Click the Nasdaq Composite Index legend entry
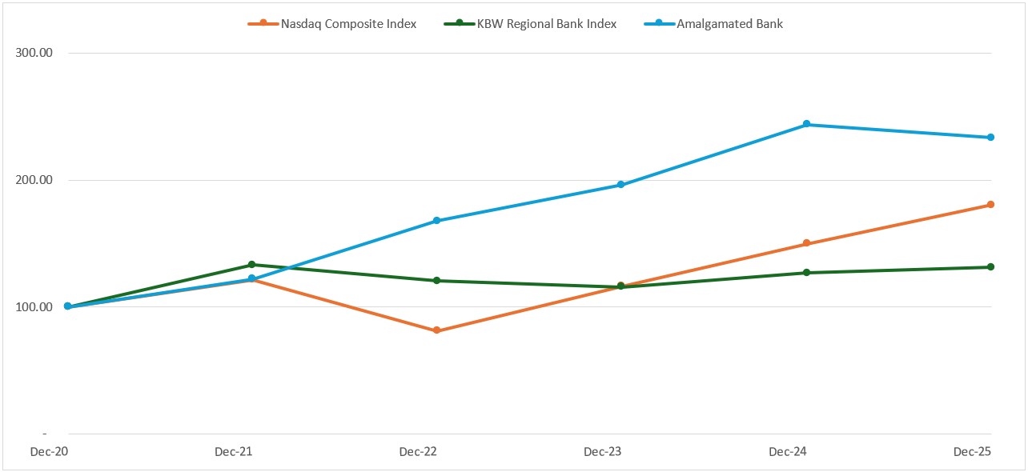348,24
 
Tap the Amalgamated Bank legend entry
729,24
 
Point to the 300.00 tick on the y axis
34,54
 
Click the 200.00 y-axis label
34,180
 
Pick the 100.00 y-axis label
34,307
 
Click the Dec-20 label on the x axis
49,452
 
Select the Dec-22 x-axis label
418,452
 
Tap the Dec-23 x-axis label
603,452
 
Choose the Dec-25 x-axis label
972,452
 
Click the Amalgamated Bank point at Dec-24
806,124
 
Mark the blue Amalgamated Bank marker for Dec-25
990,138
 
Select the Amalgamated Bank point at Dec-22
436,221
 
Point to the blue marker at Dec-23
621,185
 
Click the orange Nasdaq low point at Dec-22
436,330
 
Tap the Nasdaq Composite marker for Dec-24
806,243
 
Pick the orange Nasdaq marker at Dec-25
990,205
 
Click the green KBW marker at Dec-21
251,265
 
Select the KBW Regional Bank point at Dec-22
436,281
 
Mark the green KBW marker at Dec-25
990,267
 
